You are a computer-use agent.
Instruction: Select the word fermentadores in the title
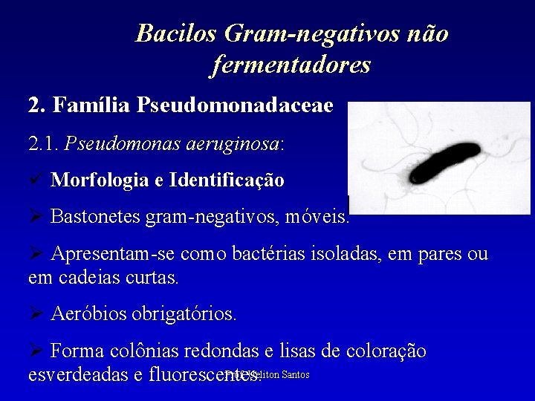[x=291, y=65]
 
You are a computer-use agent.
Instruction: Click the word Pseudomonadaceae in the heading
[x=235, y=105]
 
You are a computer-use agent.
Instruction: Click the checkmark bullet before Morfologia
[x=35, y=180]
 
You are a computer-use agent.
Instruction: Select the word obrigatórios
[x=184, y=314]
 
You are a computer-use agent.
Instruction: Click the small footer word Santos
[x=295, y=374]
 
